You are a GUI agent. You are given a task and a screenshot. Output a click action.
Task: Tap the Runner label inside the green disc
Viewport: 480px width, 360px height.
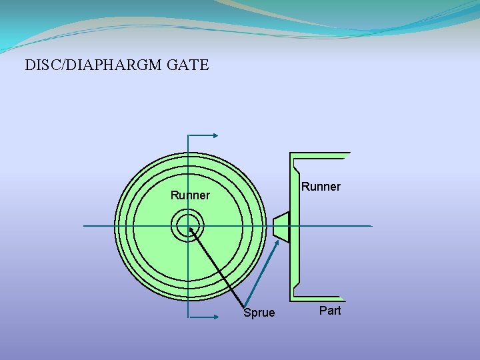pos(190,195)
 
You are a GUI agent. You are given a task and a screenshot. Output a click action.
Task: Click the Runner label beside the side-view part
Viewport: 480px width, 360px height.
pos(321,187)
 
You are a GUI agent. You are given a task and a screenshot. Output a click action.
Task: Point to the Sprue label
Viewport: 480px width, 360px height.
pos(259,313)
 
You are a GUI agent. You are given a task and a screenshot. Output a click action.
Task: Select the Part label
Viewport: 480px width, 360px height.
pos(330,311)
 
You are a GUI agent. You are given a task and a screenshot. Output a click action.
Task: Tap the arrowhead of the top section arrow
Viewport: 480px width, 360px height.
pos(215,135)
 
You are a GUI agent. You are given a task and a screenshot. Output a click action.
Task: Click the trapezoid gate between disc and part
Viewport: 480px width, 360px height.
pos(281,226)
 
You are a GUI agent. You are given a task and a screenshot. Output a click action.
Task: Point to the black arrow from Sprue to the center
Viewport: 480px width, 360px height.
pos(217,267)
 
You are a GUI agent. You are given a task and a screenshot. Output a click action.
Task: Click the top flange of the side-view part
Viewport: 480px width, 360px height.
pos(320,156)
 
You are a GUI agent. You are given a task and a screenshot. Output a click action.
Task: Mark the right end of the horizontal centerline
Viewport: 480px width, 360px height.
pos(371,226)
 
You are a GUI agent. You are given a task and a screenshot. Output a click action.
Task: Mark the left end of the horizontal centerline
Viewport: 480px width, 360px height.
pos(85,226)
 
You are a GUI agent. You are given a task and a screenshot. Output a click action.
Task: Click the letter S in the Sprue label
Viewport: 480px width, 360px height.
pos(247,313)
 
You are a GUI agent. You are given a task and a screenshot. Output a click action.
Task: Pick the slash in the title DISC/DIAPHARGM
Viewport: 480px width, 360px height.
pos(59,65)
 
